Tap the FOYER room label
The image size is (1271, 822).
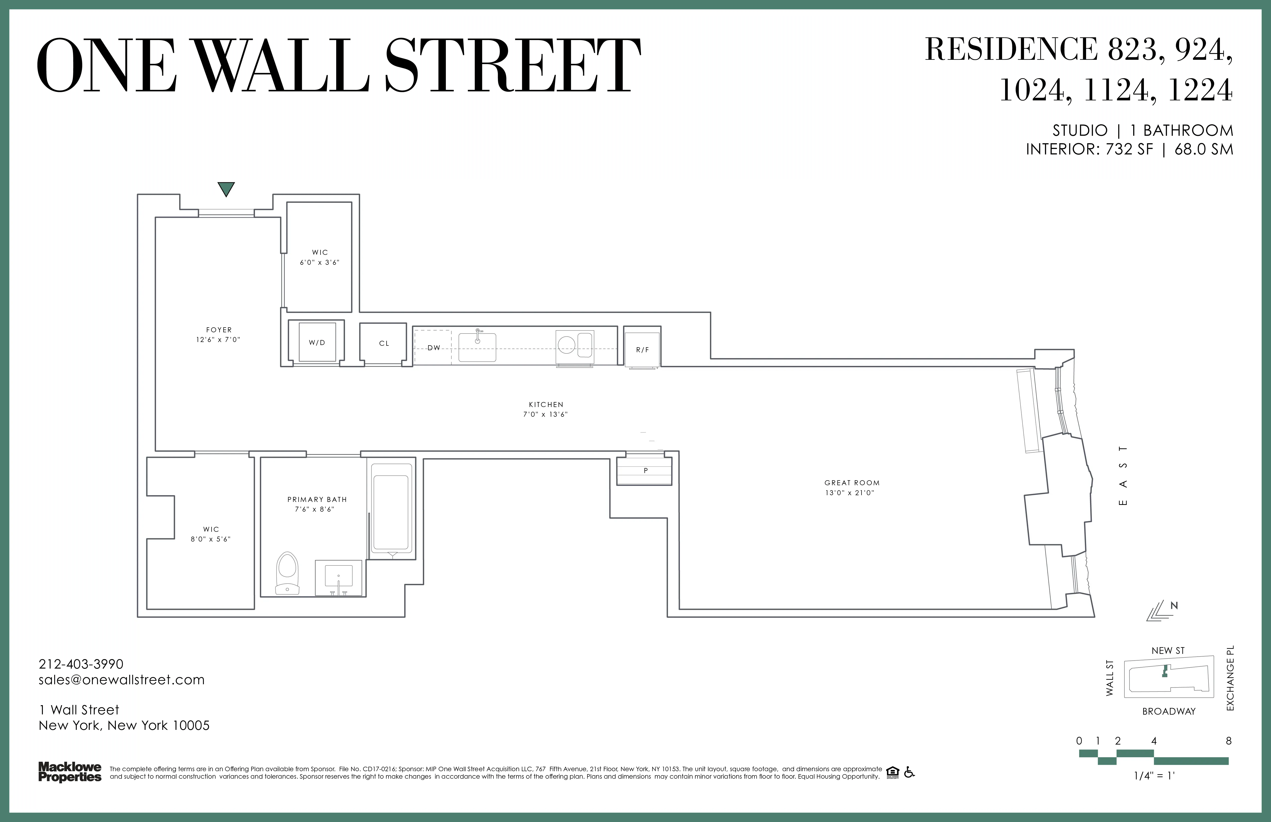[219, 330]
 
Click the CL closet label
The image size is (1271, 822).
[384, 343]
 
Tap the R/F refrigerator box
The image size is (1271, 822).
[642, 350]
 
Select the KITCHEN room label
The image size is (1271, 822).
[546, 405]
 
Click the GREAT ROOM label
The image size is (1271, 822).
[852, 482]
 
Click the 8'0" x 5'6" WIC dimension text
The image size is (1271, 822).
[211, 539]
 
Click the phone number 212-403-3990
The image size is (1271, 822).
[81, 664]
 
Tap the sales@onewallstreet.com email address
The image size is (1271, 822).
[122, 680]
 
